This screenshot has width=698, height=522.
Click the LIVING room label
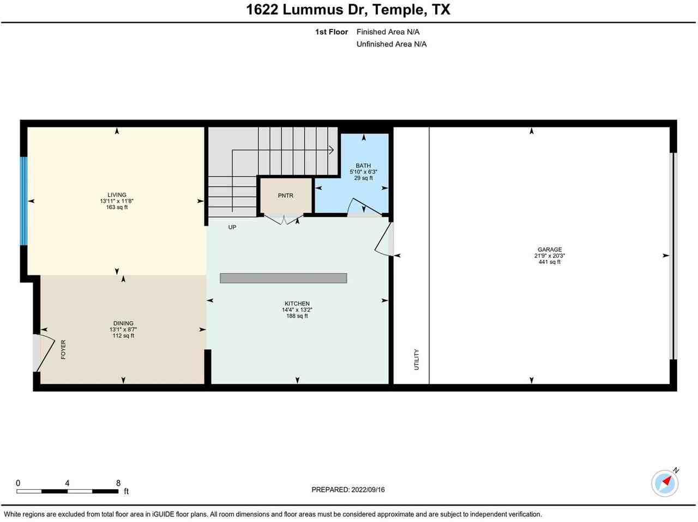coord(117,195)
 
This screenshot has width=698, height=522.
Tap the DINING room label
coord(123,323)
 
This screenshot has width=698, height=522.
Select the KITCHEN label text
coord(297,304)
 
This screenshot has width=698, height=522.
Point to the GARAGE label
coord(549,250)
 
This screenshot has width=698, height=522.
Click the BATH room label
coord(363,166)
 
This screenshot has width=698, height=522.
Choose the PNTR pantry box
coord(285,196)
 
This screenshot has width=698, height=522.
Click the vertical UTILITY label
coord(417,360)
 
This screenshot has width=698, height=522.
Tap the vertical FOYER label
coord(63,349)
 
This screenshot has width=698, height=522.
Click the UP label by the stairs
coord(232,227)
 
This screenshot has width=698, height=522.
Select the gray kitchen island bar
coord(283,278)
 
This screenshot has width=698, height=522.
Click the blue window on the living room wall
coord(23,201)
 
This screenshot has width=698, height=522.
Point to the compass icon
coord(665,483)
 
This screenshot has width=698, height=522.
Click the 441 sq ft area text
coord(549,262)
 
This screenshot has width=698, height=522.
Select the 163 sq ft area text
coord(117,207)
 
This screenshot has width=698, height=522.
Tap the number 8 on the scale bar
coord(118,483)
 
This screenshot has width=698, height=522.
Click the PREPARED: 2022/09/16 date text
coord(348,489)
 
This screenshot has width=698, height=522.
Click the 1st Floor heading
coord(331,32)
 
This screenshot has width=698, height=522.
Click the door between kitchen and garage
coord(385,240)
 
